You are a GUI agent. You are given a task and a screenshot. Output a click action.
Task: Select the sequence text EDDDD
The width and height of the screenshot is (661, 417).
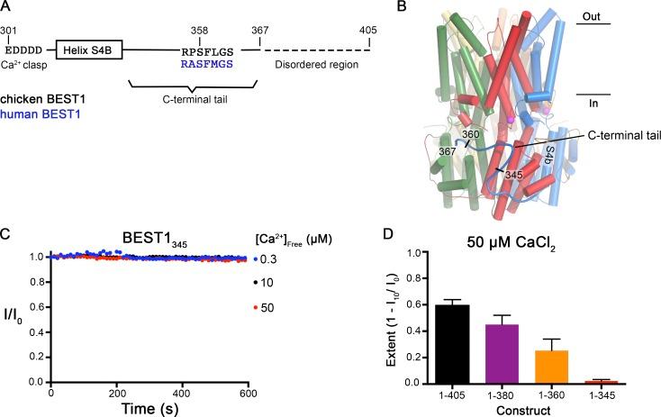click(23, 50)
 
